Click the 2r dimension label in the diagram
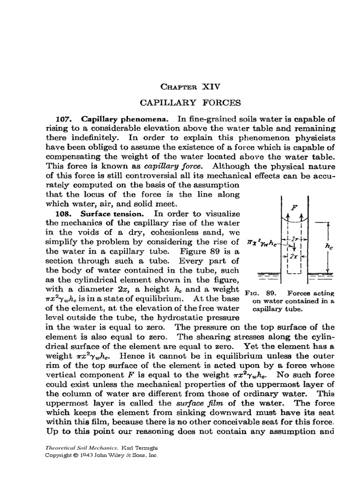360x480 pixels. coord(296,239)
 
